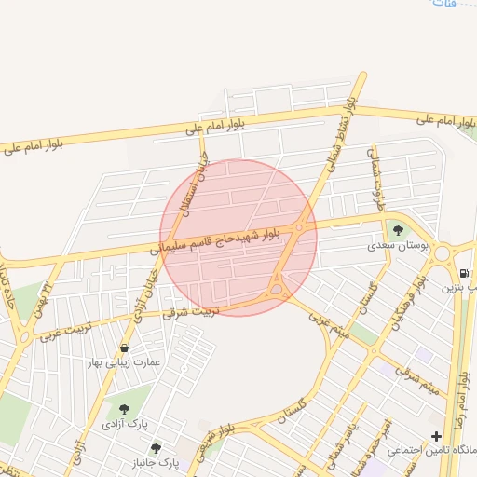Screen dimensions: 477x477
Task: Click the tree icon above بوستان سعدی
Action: tap(399, 230)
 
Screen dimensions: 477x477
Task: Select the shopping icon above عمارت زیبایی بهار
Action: tap(124, 347)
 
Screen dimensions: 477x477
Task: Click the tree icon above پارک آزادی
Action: tap(124, 408)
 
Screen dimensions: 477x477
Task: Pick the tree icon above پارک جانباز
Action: tap(156, 448)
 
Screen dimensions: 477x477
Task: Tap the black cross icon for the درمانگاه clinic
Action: tap(436, 436)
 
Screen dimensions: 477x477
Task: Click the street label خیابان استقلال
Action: tap(199, 187)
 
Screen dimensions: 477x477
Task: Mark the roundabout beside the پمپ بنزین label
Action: tap(442, 252)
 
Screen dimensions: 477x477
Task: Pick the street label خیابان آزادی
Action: tap(149, 293)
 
